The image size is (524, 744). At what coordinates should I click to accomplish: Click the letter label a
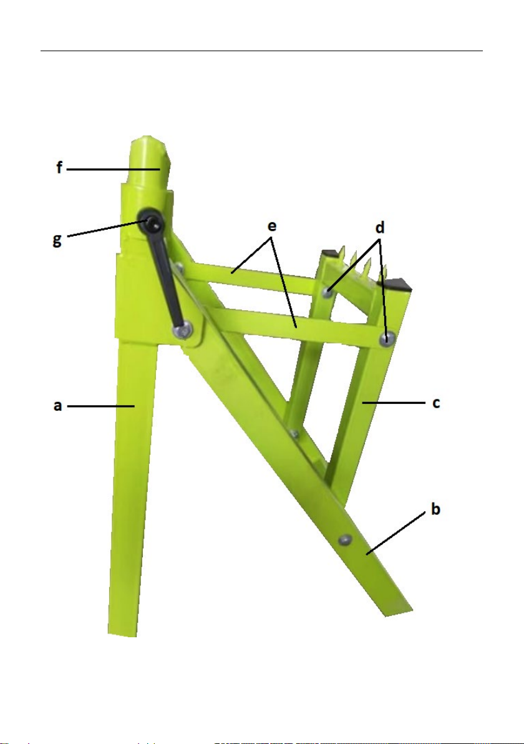58,406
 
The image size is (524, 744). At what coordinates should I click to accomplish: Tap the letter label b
435,509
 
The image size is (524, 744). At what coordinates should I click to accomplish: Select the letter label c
436,403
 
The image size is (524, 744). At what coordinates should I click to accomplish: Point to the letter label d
380,228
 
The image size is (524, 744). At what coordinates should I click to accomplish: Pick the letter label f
59,167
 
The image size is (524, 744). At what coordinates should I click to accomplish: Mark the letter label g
57,240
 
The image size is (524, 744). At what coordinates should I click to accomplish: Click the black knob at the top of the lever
151,222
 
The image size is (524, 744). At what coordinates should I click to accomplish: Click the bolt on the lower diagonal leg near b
346,539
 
